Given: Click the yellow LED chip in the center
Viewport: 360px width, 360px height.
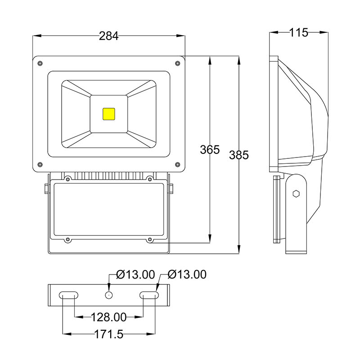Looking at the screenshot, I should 109,113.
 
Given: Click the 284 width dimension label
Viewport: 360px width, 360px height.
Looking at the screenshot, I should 108,36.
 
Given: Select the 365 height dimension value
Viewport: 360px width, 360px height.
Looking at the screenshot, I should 210,150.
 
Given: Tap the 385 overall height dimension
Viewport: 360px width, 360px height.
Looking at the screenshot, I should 239,155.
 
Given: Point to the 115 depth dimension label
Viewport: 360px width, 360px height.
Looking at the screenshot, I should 298,32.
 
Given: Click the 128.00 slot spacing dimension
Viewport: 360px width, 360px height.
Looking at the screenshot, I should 108,317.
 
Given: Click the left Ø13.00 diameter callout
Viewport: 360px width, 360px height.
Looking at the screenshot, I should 135,274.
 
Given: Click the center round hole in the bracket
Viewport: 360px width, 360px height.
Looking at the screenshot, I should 108,295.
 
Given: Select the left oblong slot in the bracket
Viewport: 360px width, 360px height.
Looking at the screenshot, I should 68,295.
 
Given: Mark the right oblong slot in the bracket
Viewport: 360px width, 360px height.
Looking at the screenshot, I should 149,295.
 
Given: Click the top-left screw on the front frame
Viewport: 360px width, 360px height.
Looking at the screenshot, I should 40,63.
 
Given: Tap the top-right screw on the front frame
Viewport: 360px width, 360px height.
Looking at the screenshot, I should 177,63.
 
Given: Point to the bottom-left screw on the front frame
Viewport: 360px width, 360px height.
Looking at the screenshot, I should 40,164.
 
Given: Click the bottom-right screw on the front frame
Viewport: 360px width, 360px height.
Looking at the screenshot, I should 177,164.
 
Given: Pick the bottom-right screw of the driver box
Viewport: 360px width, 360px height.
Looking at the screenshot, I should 149,240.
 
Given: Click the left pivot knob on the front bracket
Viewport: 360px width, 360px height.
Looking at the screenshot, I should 46,188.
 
